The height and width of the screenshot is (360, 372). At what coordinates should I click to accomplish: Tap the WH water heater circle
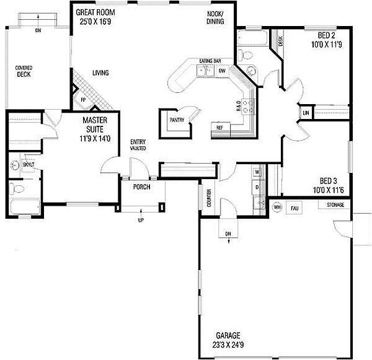click(x=277, y=207)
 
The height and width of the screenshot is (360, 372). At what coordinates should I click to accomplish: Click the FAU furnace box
click(x=294, y=208)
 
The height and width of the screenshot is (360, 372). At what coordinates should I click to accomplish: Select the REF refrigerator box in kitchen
click(x=219, y=127)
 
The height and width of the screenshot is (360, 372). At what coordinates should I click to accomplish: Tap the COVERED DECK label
click(x=24, y=71)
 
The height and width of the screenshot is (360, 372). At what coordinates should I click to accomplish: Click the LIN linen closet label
click(x=306, y=112)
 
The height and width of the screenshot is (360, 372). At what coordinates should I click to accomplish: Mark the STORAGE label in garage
click(x=335, y=203)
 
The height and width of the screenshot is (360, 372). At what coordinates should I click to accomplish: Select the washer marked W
click(x=256, y=171)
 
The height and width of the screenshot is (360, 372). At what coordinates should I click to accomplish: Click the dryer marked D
click(x=256, y=187)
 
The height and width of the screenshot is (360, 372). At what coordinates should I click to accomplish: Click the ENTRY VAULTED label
click(x=138, y=146)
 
